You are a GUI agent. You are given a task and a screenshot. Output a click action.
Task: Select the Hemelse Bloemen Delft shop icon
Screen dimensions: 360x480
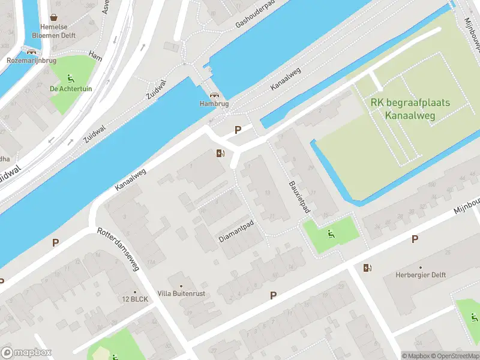(x=55, y=17)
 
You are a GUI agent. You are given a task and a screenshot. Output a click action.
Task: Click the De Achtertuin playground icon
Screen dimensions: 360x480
(x=71, y=78)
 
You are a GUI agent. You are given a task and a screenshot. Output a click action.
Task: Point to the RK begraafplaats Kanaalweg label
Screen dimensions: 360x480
(x=410, y=109)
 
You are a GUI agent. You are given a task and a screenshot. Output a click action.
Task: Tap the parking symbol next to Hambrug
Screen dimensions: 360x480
(x=238, y=130)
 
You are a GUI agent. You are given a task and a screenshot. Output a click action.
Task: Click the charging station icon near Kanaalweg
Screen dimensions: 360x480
(x=220, y=154)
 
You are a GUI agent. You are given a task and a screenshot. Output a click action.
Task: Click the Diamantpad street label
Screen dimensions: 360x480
(x=236, y=231)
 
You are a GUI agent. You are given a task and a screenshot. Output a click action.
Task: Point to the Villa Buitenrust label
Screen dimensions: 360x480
(x=181, y=293)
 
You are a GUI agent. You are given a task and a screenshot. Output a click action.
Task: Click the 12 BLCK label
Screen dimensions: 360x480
(x=135, y=299)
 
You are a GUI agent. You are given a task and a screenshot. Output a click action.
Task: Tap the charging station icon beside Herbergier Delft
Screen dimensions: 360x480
(x=367, y=268)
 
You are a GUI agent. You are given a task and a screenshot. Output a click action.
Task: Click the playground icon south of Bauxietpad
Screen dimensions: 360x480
(x=329, y=234)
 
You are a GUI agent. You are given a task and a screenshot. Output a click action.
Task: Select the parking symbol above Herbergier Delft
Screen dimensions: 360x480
(x=415, y=239)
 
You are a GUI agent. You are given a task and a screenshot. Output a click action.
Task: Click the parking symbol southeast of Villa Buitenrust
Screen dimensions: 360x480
(x=274, y=295)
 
